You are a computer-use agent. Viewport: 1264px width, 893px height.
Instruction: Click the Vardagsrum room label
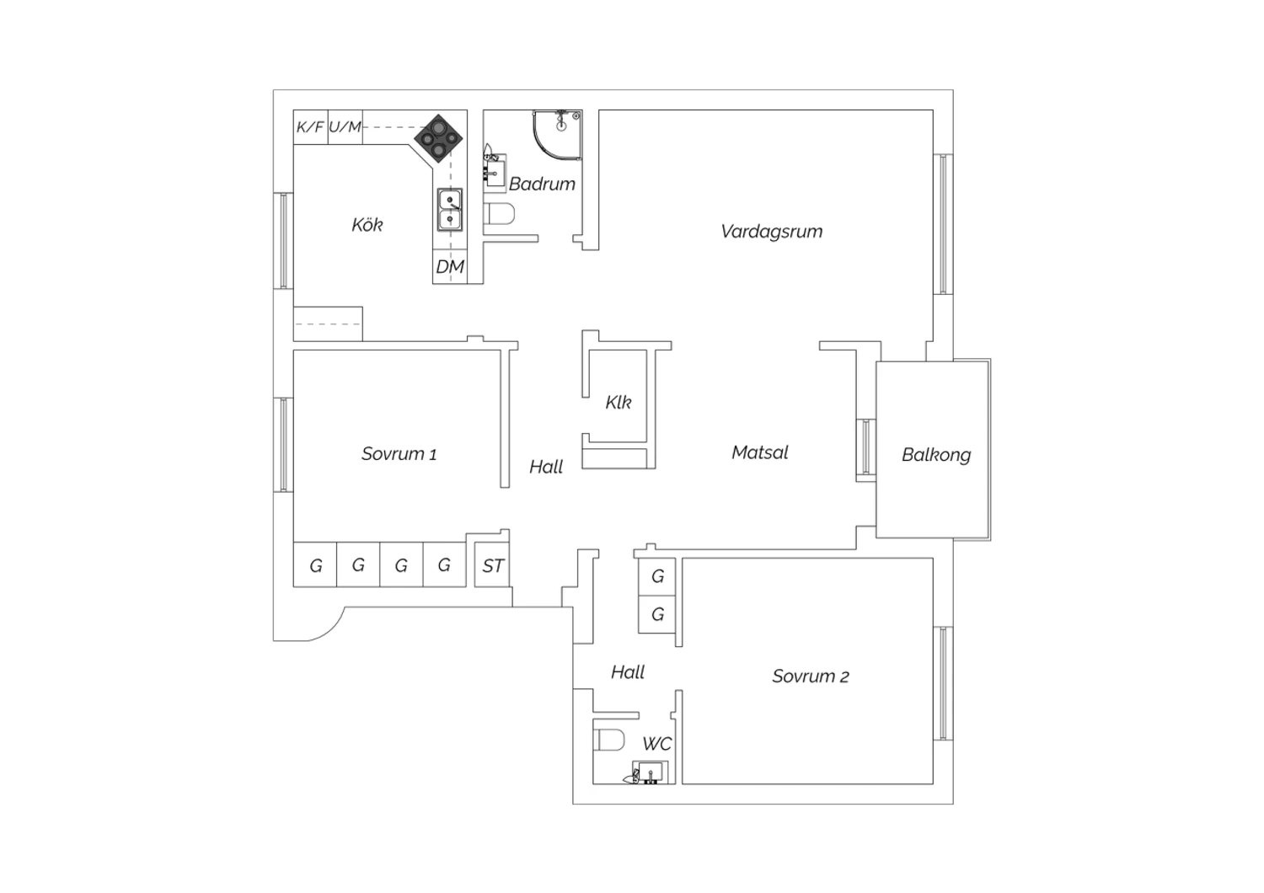pyautogui.click(x=771, y=232)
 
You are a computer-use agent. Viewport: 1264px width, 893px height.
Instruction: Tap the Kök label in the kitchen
pyautogui.click(x=367, y=225)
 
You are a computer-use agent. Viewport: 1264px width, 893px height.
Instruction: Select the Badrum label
pyautogui.click(x=542, y=184)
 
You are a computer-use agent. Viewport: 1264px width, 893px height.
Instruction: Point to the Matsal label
pyautogui.click(x=759, y=452)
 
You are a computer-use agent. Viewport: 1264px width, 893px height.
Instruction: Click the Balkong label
pyautogui.click(x=936, y=455)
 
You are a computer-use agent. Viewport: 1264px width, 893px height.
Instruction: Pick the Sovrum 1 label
pyautogui.click(x=399, y=453)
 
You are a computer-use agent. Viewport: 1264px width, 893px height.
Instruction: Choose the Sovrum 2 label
pyautogui.click(x=811, y=676)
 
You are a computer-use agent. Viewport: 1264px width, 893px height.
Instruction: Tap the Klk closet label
pyautogui.click(x=619, y=402)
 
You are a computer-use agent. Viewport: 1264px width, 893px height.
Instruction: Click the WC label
pyautogui.click(x=656, y=744)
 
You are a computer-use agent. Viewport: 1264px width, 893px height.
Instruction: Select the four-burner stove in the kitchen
pyautogui.click(x=438, y=138)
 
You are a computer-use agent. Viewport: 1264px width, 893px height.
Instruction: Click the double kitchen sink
pyautogui.click(x=450, y=210)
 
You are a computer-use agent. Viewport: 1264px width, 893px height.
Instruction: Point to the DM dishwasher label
pyautogui.click(x=450, y=267)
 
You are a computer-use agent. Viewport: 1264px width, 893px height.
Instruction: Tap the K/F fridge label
pyautogui.click(x=310, y=127)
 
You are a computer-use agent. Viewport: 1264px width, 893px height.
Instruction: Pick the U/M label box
pyautogui.click(x=345, y=127)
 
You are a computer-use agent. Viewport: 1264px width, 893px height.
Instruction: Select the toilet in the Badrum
pyautogui.click(x=501, y=214)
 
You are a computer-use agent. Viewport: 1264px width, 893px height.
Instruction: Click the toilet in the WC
pyautogui.click(x=609, y=740)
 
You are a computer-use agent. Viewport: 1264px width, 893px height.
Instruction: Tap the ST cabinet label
pyautogui.click(x=493, y=566)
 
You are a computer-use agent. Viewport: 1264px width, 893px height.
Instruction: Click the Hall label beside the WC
pyautogui.click(x=628, y=672)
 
